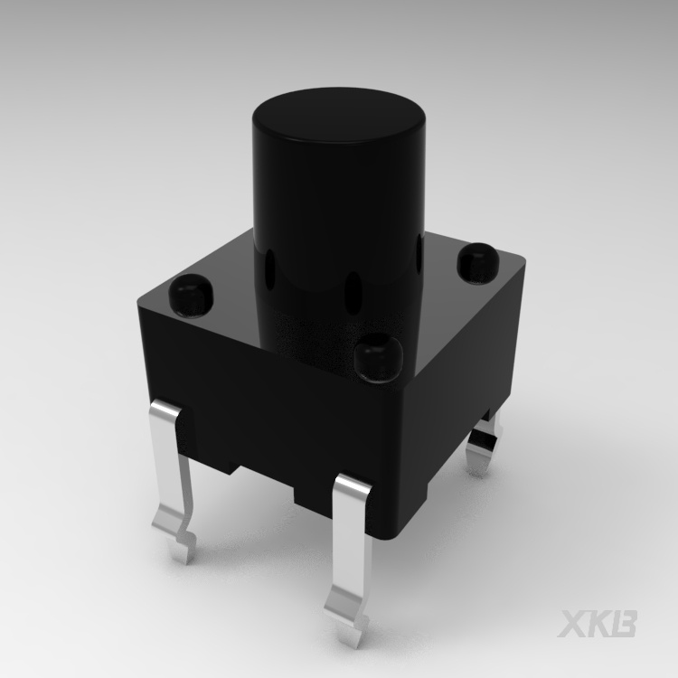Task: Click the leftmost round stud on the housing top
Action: tap(191, 295)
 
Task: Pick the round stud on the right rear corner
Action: tap(476, 261)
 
